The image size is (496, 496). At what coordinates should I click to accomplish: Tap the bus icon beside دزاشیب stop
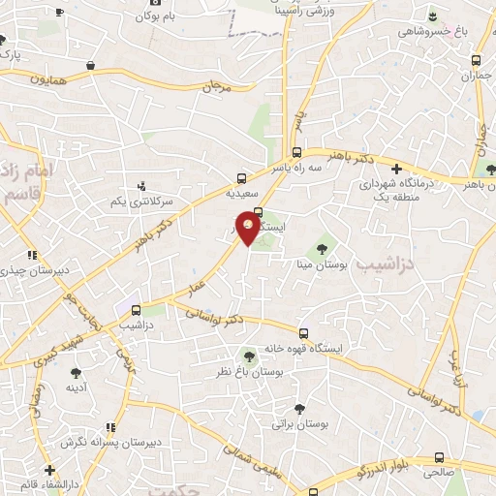[x=136, y=311]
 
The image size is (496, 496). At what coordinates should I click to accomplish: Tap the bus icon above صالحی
[x=441, y=458]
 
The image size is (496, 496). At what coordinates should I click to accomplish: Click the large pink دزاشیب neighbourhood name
[x=385, y=263]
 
